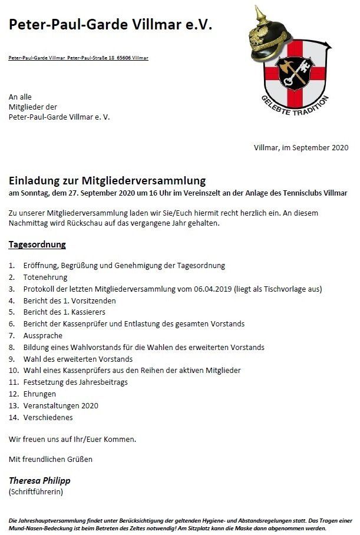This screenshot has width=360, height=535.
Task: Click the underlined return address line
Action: click(78, 58)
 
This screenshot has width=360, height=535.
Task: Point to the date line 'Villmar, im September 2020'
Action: click(301, 147)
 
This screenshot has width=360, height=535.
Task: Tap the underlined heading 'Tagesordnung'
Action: click(37, 244)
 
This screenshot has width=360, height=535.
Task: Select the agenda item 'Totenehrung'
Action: click(45, 277)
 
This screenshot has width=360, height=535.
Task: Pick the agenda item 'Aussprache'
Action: click(42, 335)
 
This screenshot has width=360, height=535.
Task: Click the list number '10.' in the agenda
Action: click(14, 371)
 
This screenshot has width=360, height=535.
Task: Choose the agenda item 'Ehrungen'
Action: click(39, 394)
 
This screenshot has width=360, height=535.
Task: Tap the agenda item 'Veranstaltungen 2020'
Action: click(61, 405)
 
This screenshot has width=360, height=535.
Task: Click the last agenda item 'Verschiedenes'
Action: click(48, 417)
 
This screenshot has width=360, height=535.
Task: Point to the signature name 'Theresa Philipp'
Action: click(39, 480)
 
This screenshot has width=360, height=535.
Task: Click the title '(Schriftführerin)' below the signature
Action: click(35, 491)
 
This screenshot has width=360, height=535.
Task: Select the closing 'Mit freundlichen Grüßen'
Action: click(51, 458)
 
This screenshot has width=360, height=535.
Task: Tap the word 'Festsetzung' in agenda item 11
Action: click(43, 382)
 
